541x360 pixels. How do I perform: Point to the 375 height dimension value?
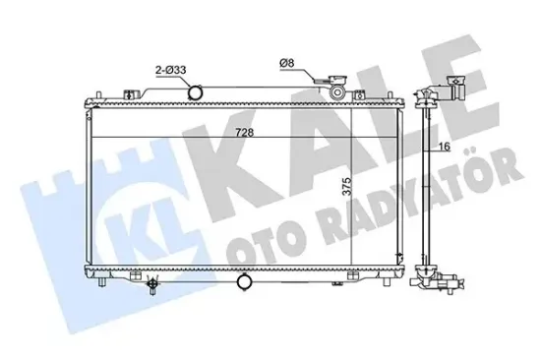(x=346, y=189)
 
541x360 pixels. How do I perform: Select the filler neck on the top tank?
(x=336, y=91)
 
